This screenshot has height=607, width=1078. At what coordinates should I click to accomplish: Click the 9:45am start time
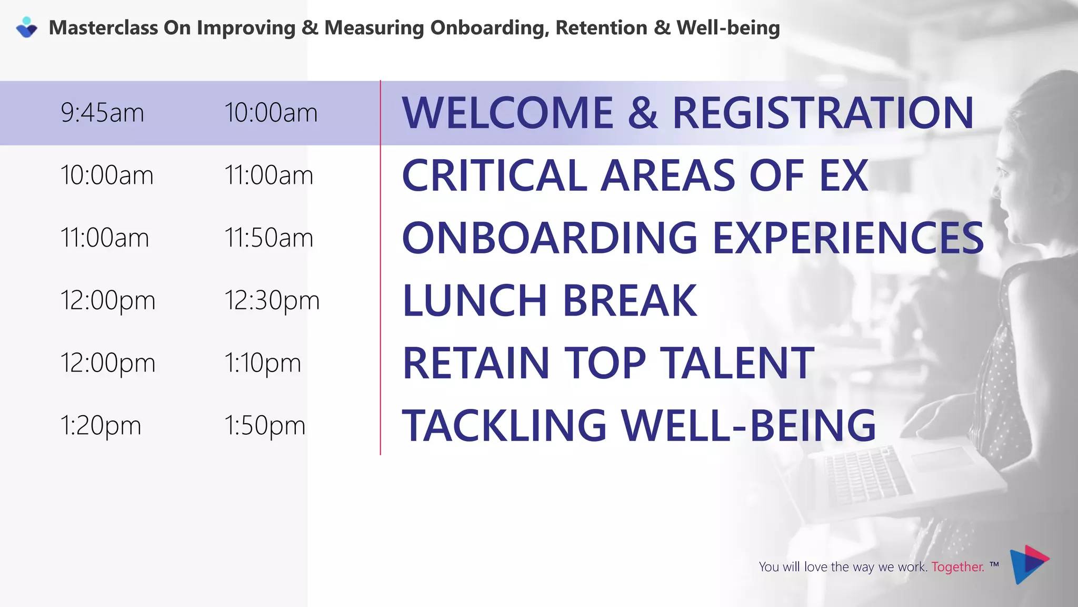coord(102,113)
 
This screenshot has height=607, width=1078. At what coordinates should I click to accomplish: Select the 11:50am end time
coord(268,238)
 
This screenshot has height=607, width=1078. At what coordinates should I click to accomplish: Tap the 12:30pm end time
coord(272,301)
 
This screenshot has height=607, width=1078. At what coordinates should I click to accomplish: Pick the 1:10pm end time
coord(262,364)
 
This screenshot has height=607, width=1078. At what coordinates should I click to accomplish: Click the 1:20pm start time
coord(101,426)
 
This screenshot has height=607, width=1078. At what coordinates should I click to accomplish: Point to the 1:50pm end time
coord(265,426)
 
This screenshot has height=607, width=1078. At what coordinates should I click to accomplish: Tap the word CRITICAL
coord(494,175)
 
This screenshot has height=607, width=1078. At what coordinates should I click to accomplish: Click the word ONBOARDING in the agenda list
coord(550,238)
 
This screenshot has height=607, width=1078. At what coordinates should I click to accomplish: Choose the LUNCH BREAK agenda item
coord(550,300)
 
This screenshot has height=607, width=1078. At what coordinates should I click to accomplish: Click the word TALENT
coord(737,363)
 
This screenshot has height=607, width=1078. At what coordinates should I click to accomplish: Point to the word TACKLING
coord(504,425)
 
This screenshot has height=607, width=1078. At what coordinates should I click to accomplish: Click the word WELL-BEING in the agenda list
coord(748,425)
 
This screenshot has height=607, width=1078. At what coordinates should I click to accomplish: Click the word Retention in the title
coord(601,28)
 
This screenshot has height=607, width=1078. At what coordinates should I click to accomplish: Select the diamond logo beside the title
coord(26,27)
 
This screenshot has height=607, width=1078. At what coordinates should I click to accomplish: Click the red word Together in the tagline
coord(957,567)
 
